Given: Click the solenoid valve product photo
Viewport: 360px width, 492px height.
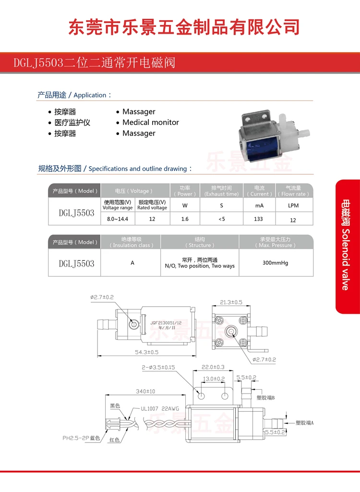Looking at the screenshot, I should pos(272,135).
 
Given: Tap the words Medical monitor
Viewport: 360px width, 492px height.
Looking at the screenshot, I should pos(150,123).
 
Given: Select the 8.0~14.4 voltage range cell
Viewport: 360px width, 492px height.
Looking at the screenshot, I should pos(118,219).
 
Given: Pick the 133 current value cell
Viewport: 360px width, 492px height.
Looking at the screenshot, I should pos(259,219).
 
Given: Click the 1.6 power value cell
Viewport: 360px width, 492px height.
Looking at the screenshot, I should pos(185,219).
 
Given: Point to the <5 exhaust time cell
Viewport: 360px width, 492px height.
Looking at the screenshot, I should pos(221,219).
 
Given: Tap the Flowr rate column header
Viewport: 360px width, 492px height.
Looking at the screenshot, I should pos(293,191).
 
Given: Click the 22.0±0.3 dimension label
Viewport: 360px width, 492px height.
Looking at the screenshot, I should pos(213,367).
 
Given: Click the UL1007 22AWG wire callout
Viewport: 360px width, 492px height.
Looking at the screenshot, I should pos(160,409).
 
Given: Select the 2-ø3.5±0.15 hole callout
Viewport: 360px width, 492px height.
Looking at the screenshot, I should pos(158,367).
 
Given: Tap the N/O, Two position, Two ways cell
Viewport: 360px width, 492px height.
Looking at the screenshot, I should pos(200,266).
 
